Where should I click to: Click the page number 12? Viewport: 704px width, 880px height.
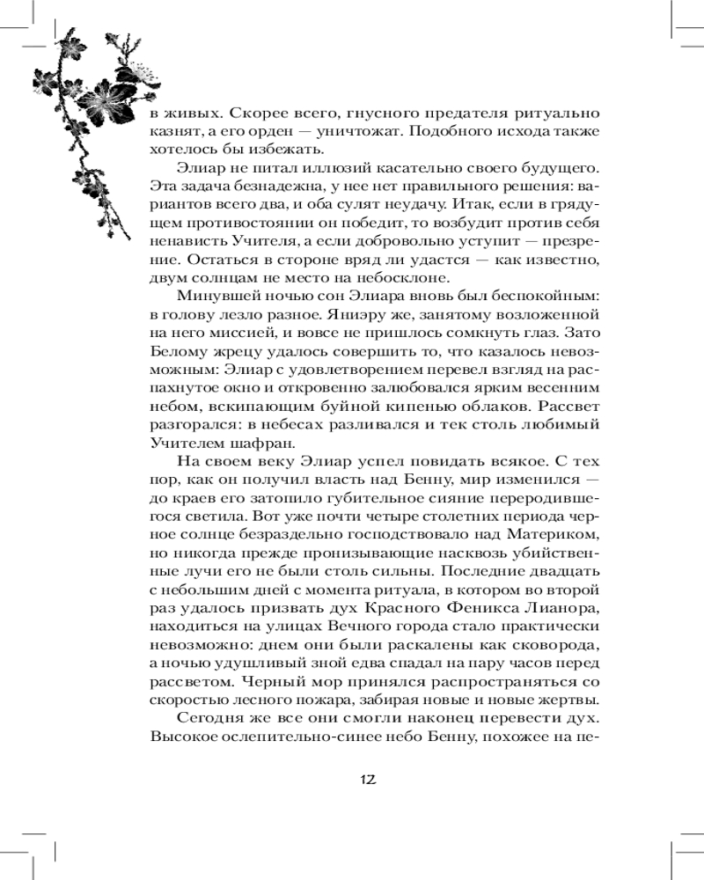pos(368,779)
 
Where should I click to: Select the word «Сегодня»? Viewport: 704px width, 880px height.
pos(214,721)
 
